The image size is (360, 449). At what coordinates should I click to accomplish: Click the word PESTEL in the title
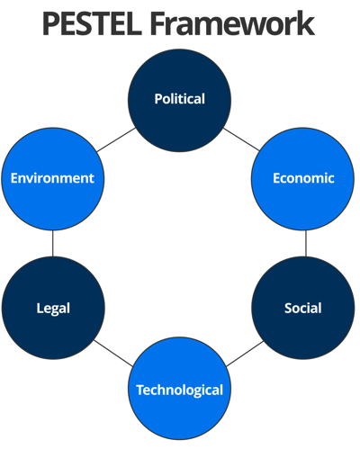[x=92, y=23]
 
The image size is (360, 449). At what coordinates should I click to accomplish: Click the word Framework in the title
[x=232, y=23]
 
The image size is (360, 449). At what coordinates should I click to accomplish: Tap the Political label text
[x=180, y=99]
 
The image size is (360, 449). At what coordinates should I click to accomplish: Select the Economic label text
[x=303, y=178]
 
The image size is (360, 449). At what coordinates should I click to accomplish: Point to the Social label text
[x=303, y=308]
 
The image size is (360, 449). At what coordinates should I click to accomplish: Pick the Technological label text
[x=180, y=391]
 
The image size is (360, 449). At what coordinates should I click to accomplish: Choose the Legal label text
[x=53, y=309]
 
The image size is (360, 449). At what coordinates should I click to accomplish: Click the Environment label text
[x=52, y=178]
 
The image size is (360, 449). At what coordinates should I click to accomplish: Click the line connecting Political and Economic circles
[x=241, y=139]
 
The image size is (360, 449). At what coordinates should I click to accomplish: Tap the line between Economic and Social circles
[x=306, y=243]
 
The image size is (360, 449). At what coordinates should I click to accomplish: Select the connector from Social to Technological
[x=245, y=354]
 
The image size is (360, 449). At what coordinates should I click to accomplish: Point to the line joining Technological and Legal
[x=113, y=353]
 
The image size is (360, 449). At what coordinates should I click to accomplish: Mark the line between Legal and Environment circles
[x=53, y=243]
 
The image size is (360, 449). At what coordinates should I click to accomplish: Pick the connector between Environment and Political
[x=116, y=140]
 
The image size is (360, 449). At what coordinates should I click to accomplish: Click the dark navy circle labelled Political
[x=180, y=101]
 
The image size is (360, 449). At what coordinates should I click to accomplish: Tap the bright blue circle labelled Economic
[x=303, y=179]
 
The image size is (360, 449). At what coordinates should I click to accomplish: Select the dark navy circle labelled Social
[x=303, y=308]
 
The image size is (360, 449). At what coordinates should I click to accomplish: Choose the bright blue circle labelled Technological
[x=180, y=389]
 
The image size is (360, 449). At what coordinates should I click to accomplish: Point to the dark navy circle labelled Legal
[x=53, y=308]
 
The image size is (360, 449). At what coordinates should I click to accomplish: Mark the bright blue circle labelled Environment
[x=53, y=179]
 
